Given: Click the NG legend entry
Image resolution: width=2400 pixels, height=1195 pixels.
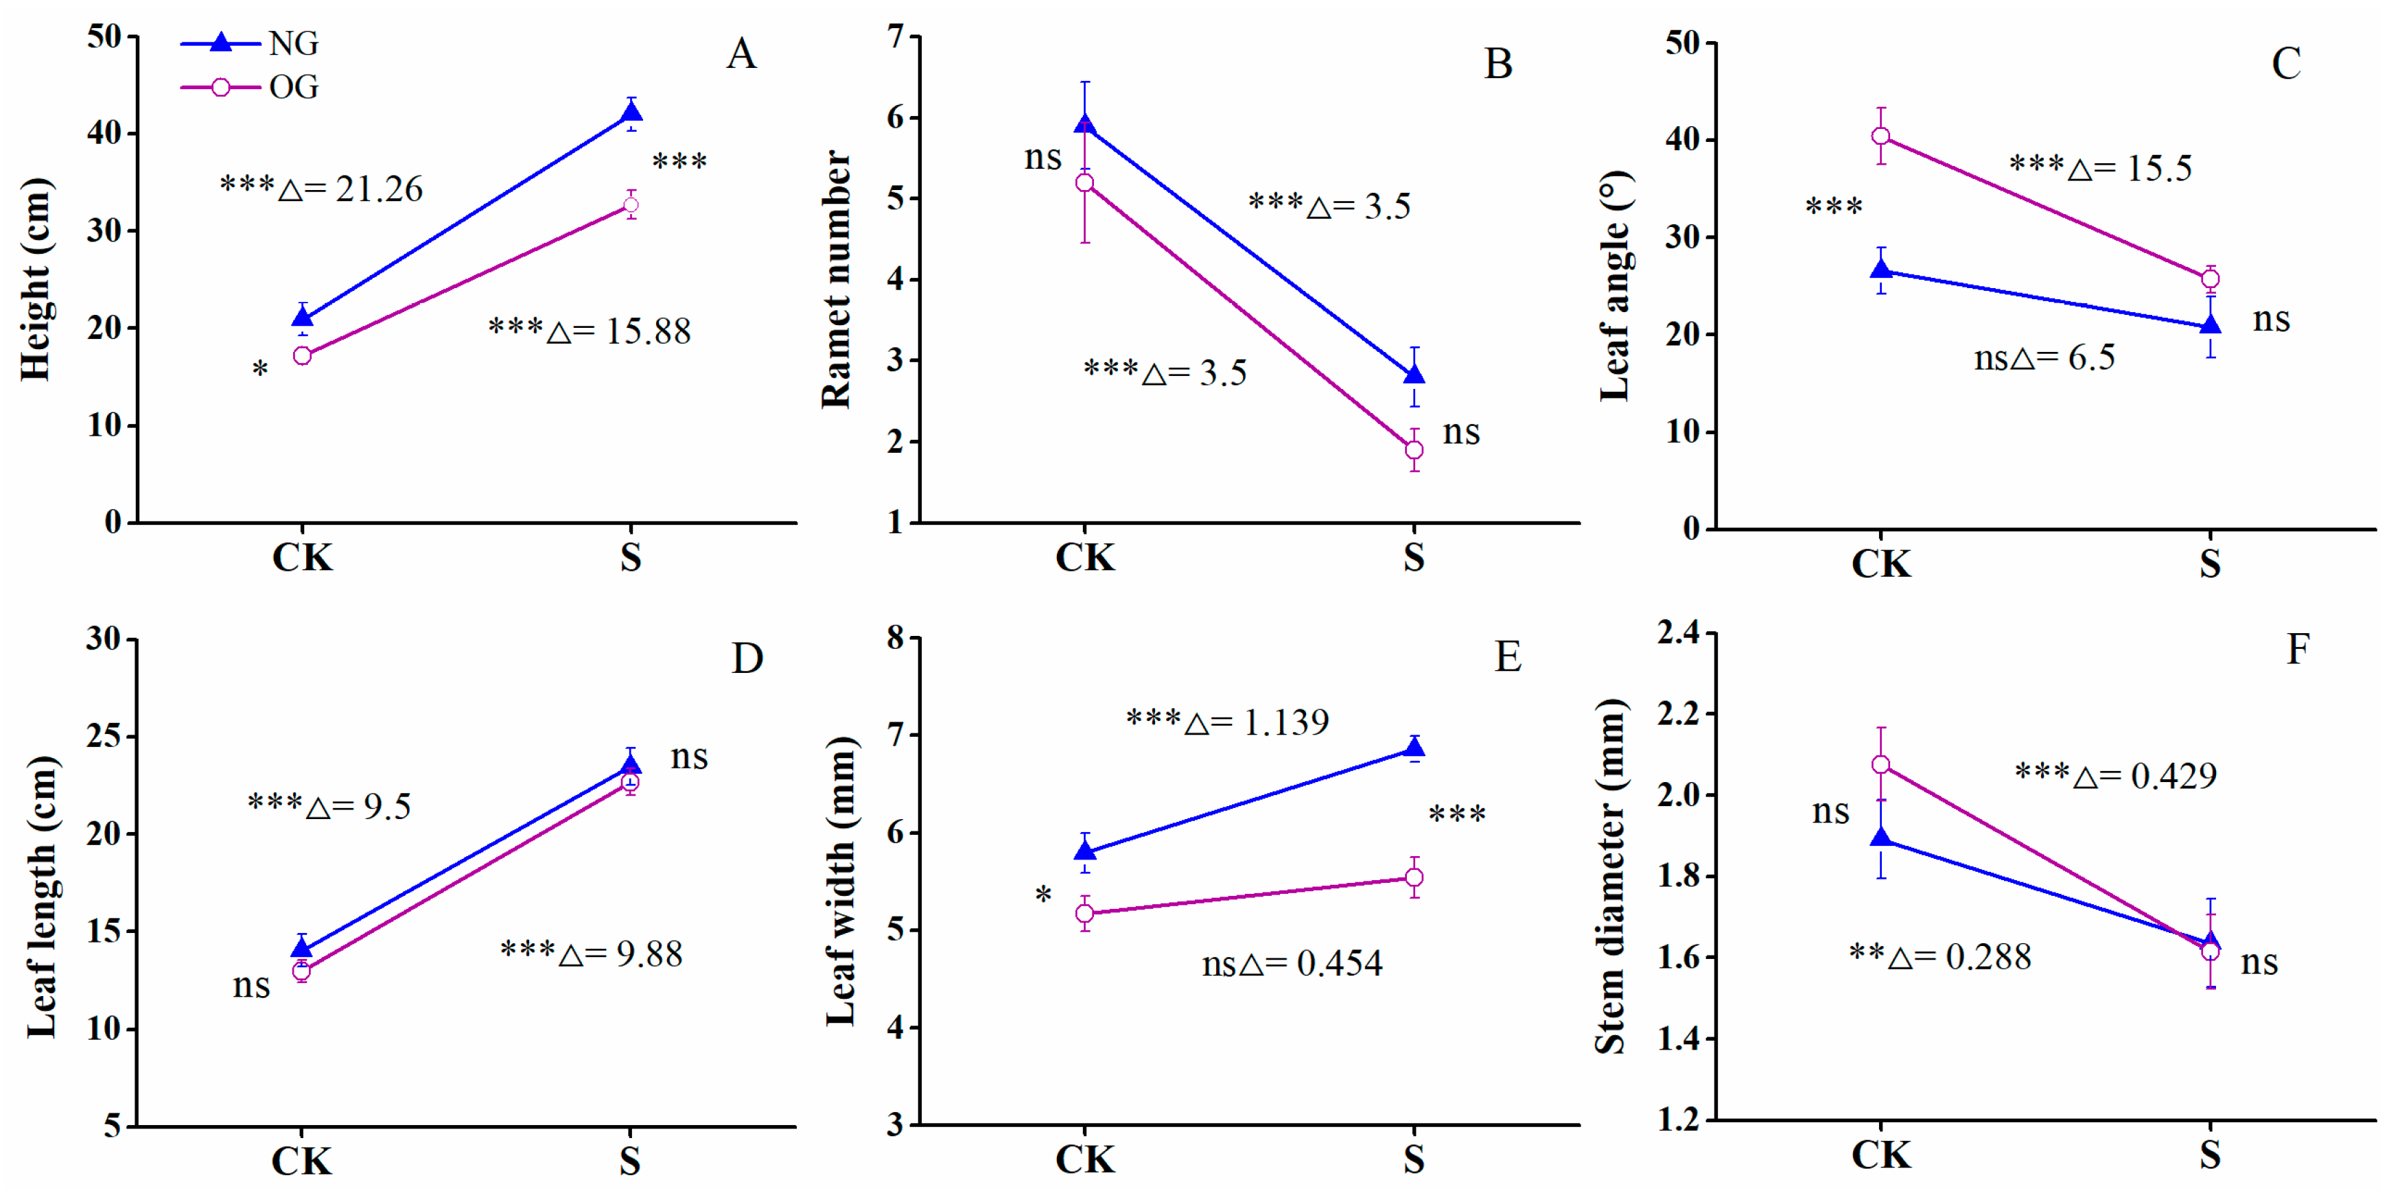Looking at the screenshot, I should click(250, 43).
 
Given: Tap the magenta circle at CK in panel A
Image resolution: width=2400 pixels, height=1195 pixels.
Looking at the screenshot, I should click(302, 356).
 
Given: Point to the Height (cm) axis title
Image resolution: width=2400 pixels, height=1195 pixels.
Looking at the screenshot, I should click(36, 279).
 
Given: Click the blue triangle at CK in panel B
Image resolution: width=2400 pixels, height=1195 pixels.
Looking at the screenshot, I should click(1084, 124).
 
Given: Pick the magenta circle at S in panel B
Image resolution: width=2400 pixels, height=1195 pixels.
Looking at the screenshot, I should click(1413, 451).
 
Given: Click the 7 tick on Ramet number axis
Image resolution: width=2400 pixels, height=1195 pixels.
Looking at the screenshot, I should click(896, 37).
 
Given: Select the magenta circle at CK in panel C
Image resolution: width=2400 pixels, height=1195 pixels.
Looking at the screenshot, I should click(1881, 136).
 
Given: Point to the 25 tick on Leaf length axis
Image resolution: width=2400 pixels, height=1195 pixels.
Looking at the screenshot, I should click(104, 737).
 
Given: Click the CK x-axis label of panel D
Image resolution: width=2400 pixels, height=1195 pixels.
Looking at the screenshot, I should click(302, 1161).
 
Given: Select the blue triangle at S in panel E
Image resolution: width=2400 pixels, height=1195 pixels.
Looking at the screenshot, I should click(1413, 748).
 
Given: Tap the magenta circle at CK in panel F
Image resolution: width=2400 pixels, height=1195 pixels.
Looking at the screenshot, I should click(1881, 765).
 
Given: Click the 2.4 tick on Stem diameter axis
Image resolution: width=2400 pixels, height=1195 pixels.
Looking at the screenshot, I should click(1677, 632).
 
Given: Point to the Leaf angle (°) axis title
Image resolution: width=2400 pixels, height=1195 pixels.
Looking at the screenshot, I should click(1616, 286).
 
